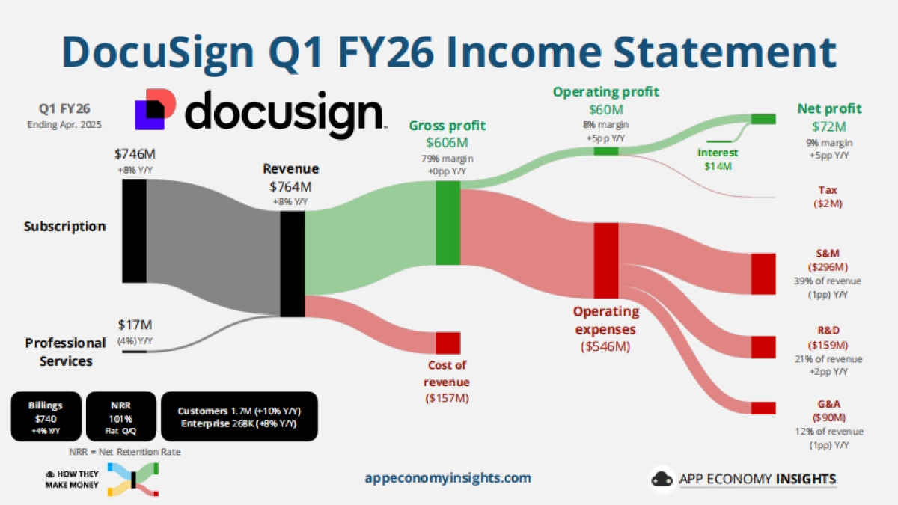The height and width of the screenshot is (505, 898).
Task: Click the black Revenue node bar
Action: pyautogui.click(x=293, y=264)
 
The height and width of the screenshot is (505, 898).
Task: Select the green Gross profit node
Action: pyautogui.click(x=448, y=223)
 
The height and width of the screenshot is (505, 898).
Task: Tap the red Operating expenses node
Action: pyautogui.click(x=605, y=260)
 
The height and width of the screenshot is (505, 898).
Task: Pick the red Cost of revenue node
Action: pyautogui.click(x=448, y=343)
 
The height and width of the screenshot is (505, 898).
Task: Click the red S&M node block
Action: pyautogui.click(x=763, y=274)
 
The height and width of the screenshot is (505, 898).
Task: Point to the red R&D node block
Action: pyautogui.click(x=763, y=347)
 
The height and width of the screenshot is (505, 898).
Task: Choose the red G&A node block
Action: pyautogui.click(x=763, y=408)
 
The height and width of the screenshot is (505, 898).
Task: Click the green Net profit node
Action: pyautogui.click(x=763, y=119)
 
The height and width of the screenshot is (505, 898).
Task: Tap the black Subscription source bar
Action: pyautogui.click(x=134, y=231)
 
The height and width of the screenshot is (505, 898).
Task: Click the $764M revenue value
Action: pyautogui.click(x=290, y=187)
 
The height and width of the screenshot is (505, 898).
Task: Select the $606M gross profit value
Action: pyautogui.click(x=447, y=143)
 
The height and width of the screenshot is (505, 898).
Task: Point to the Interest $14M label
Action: pyautogui.click(x=718, y=159)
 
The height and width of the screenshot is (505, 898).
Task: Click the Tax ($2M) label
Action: pyautogui.click(x=828, y=197)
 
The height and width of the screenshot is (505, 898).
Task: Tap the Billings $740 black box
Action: pyautogui.click(x=46, y=417)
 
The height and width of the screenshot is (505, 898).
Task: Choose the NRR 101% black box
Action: pyautogui.click(x=120, y=417)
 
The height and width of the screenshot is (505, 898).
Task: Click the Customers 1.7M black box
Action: pyautogui.click(x=239, y=417)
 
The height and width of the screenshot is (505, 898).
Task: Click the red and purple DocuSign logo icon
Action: pyautogui.click(x=155, y=109)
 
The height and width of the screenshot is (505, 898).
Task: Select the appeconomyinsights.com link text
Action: pyautogui.click(x=448, y=478)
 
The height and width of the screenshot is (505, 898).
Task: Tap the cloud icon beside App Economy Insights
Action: pyautogui.click(x=662, y=479)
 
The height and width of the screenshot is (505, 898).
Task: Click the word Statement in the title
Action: pyautogui.click(x=724, y=52)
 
